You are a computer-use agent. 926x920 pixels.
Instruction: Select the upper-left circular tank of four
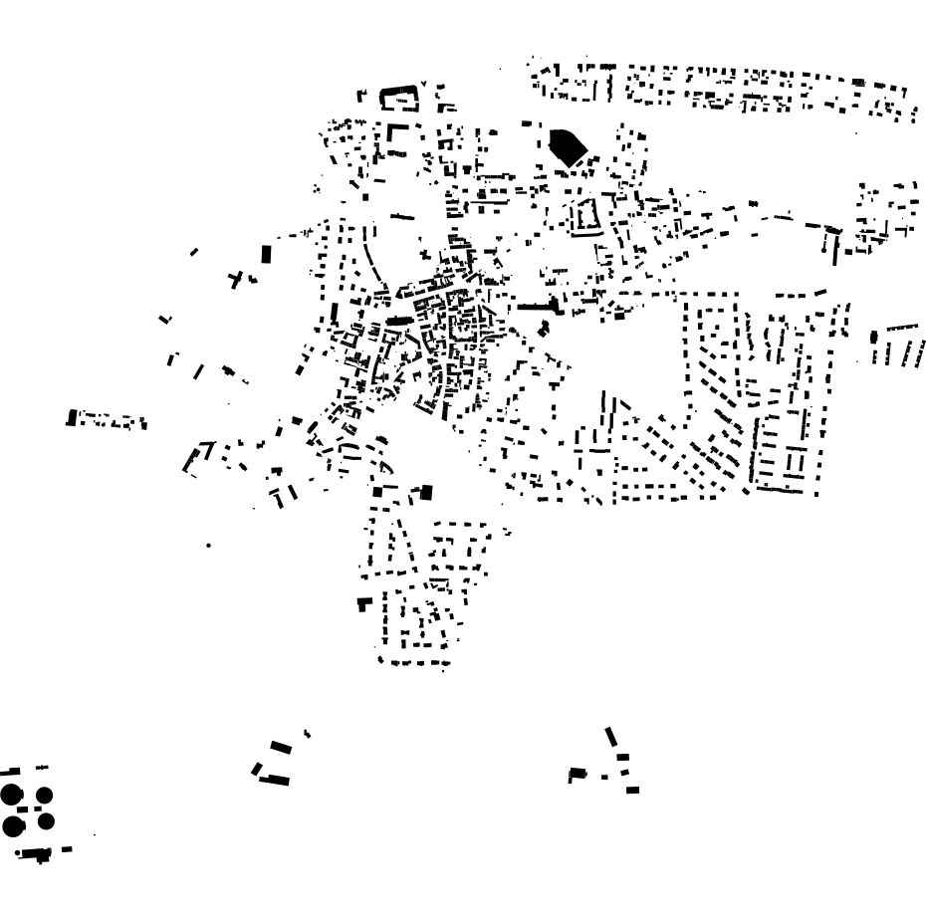pos(12,795)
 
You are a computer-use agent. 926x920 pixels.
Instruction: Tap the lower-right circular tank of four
pos(45,821)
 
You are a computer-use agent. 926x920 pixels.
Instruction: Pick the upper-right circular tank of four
pos(45,795)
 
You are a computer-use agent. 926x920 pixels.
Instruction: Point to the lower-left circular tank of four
pos(13,825)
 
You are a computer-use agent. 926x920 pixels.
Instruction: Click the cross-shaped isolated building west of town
pos(235,280)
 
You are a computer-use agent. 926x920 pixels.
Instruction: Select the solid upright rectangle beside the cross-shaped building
pos(266,254)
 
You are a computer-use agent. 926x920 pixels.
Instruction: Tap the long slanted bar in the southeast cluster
pos(611,738)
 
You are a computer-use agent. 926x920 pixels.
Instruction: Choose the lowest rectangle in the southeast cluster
pos(633,791)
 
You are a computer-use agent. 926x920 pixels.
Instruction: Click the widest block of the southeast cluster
pos(577,773)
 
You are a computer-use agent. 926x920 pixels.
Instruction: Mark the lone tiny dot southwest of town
pos(208,546)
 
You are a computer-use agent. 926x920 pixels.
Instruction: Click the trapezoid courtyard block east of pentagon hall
pos(581,214)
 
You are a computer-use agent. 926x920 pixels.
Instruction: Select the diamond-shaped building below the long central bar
pos(544,327)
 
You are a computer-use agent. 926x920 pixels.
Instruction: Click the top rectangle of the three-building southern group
pos(281,746)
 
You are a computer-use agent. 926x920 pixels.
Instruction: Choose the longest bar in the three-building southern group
pos(274,780)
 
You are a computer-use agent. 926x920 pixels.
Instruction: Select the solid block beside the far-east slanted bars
pos(874,337)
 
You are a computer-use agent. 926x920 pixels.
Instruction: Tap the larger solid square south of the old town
pos(428,491)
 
